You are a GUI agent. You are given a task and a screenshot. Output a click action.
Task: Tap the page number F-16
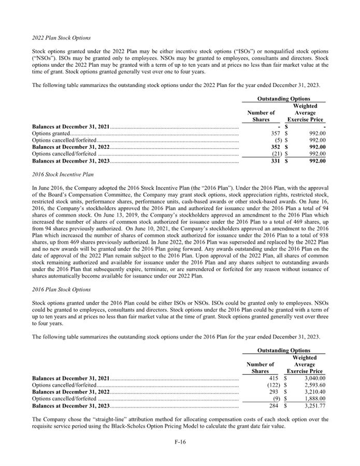pyautogui.click(x=180, y=443)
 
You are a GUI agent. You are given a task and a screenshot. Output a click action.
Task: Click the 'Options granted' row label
pyautogui.click(x=47, y=133)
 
